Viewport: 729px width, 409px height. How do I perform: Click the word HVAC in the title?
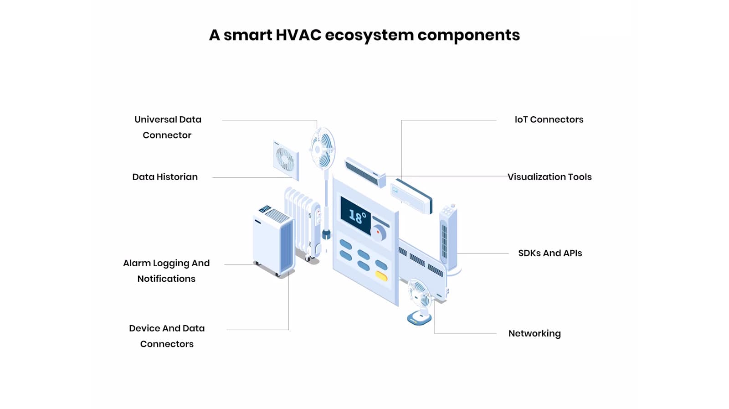(298, 35)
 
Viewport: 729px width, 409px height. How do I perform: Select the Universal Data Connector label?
(168, 127)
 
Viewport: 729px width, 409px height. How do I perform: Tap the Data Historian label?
(165, 177)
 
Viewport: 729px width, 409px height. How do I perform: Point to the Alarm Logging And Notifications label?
(166, 271)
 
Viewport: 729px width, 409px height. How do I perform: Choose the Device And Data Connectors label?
(167, 336)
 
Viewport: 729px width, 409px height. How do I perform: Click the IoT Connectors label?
(549, 119)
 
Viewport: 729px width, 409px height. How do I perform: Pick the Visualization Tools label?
(549, 177)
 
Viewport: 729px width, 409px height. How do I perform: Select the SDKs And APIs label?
(550, 253)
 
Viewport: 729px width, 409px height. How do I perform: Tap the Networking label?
(534, 333)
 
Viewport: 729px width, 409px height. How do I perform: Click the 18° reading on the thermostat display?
(357, 216)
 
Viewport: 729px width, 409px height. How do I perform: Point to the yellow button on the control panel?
(381, 276)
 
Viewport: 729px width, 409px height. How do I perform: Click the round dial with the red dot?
(378, 233)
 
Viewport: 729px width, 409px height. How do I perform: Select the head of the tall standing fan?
(323, 148)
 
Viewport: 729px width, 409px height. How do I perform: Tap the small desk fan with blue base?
(419, 301)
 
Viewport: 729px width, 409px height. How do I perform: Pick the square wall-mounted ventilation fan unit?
(286, 160)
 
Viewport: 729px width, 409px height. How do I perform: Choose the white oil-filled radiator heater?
(303, 221)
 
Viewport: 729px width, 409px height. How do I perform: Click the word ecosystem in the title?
(369, 35)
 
